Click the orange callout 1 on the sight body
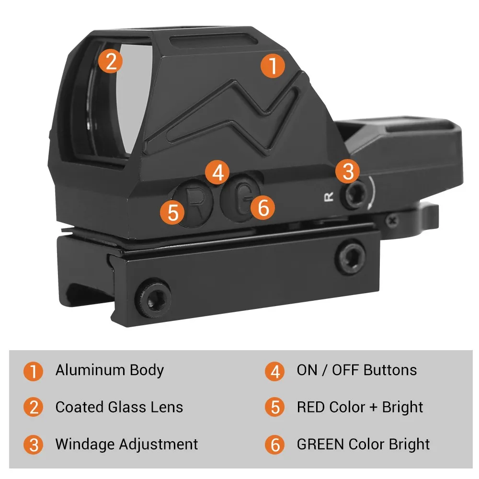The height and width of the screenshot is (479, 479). pyautogui.click(x=273, y=66)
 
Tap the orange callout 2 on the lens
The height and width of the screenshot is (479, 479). pyautogui.click(x=111, y=61)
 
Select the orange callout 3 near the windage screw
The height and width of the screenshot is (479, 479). pyautogui.click(x=348, y=171)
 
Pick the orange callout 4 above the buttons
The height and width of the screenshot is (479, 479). pyautogui.click(x=217, y=172)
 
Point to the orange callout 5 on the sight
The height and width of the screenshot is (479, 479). pyautogui.click(x=172, y=212)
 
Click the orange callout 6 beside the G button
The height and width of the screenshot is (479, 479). pyautogui.click(x=262, y=207)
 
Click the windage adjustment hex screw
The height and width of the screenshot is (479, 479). pyautogui.click(x=356, y=194)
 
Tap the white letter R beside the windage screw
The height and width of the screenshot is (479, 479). pyautogui.click(x=329, y=197)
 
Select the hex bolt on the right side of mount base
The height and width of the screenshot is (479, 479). pyautogui.click(x=351, y=256)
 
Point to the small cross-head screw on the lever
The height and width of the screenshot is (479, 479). pyautogui.click(x=392, y=220)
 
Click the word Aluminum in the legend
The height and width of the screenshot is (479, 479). pyautogui.click(x=91, y=370)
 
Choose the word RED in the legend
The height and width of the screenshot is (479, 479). pyautogui.click(x=311, y=407)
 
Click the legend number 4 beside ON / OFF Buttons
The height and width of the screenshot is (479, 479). pyautogui.click(x=274, y=371)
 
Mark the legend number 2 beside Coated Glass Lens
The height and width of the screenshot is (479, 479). pyautogui.click(x=34, y=407)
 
